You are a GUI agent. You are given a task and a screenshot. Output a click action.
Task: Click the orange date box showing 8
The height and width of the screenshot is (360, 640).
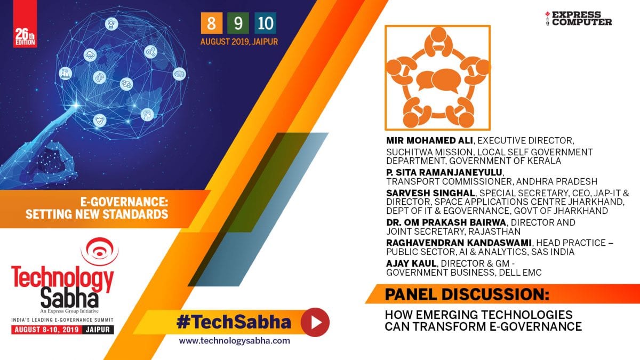[211, 23]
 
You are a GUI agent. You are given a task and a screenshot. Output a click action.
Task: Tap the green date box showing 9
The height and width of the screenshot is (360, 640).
[238, 23]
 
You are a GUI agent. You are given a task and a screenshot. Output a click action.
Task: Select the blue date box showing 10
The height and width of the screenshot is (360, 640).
[265, 23]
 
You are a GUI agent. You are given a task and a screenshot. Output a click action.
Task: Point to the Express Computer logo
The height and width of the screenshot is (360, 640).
[579, 18]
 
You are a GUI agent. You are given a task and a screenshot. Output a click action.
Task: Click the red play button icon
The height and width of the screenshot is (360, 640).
[315, 322]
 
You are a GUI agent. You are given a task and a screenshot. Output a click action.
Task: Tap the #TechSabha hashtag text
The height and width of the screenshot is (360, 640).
[234, 322]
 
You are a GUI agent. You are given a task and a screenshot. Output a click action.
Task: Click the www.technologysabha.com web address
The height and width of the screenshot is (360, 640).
[234, 341]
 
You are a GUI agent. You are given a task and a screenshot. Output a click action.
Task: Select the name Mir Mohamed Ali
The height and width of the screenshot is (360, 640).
[429, 140]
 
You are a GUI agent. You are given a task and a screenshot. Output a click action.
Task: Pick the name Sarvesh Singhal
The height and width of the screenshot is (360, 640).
[430, 193]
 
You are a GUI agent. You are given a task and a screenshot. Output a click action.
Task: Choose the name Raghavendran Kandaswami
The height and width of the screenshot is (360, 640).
[459, 243]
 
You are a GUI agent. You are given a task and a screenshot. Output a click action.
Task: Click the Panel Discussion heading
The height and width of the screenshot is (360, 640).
[467, 294]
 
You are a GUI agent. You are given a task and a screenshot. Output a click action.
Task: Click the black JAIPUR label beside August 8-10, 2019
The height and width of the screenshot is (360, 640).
[98, 330]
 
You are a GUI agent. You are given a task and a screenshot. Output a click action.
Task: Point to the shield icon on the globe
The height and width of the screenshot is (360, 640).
[100, 121]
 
